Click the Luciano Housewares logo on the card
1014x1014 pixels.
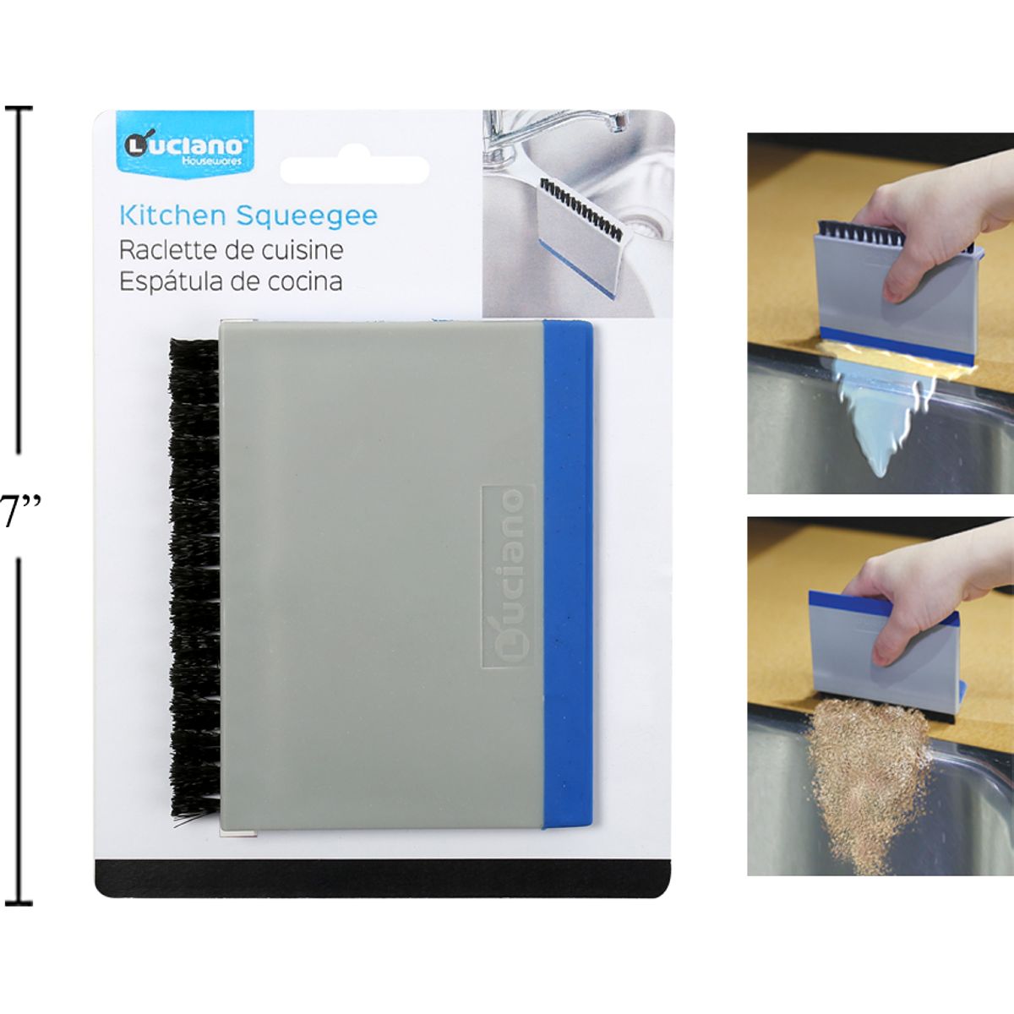point(185,144)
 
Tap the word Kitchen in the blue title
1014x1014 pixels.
point(173,215)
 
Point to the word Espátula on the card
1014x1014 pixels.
point(170,281)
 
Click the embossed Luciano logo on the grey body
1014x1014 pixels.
point(508,576)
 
